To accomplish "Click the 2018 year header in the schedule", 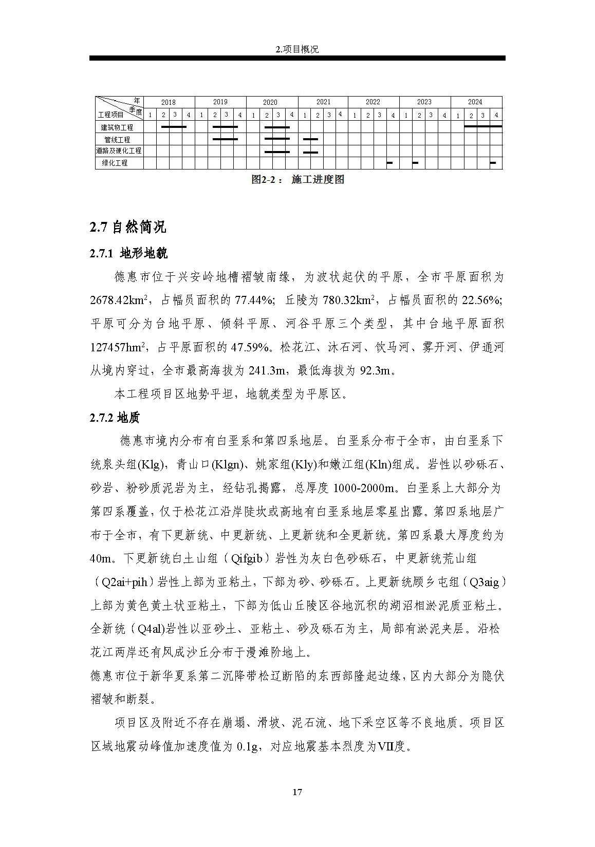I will click(x=168, y=102).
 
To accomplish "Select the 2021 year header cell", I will click(x=323, y=102).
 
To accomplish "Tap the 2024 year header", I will click(x=475, y=102).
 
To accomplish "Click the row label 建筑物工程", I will click(x=117, y=127).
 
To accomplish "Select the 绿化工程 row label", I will click(x=115, y=163).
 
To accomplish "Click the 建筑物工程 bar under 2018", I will click(x=174, y=126).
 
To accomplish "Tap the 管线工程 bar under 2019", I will click(x=225, y=139).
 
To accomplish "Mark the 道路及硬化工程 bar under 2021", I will click(x=310, y=152).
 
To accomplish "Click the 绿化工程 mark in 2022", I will click(x=389, y=163).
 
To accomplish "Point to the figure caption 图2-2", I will click(x=297, y=179).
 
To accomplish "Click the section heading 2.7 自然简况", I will click(x=128, y=227).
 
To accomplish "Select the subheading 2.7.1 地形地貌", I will click(x=128, y=253).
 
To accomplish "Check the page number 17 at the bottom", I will click(x=297, y=792).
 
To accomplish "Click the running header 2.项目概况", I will click(x=297, y=49).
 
